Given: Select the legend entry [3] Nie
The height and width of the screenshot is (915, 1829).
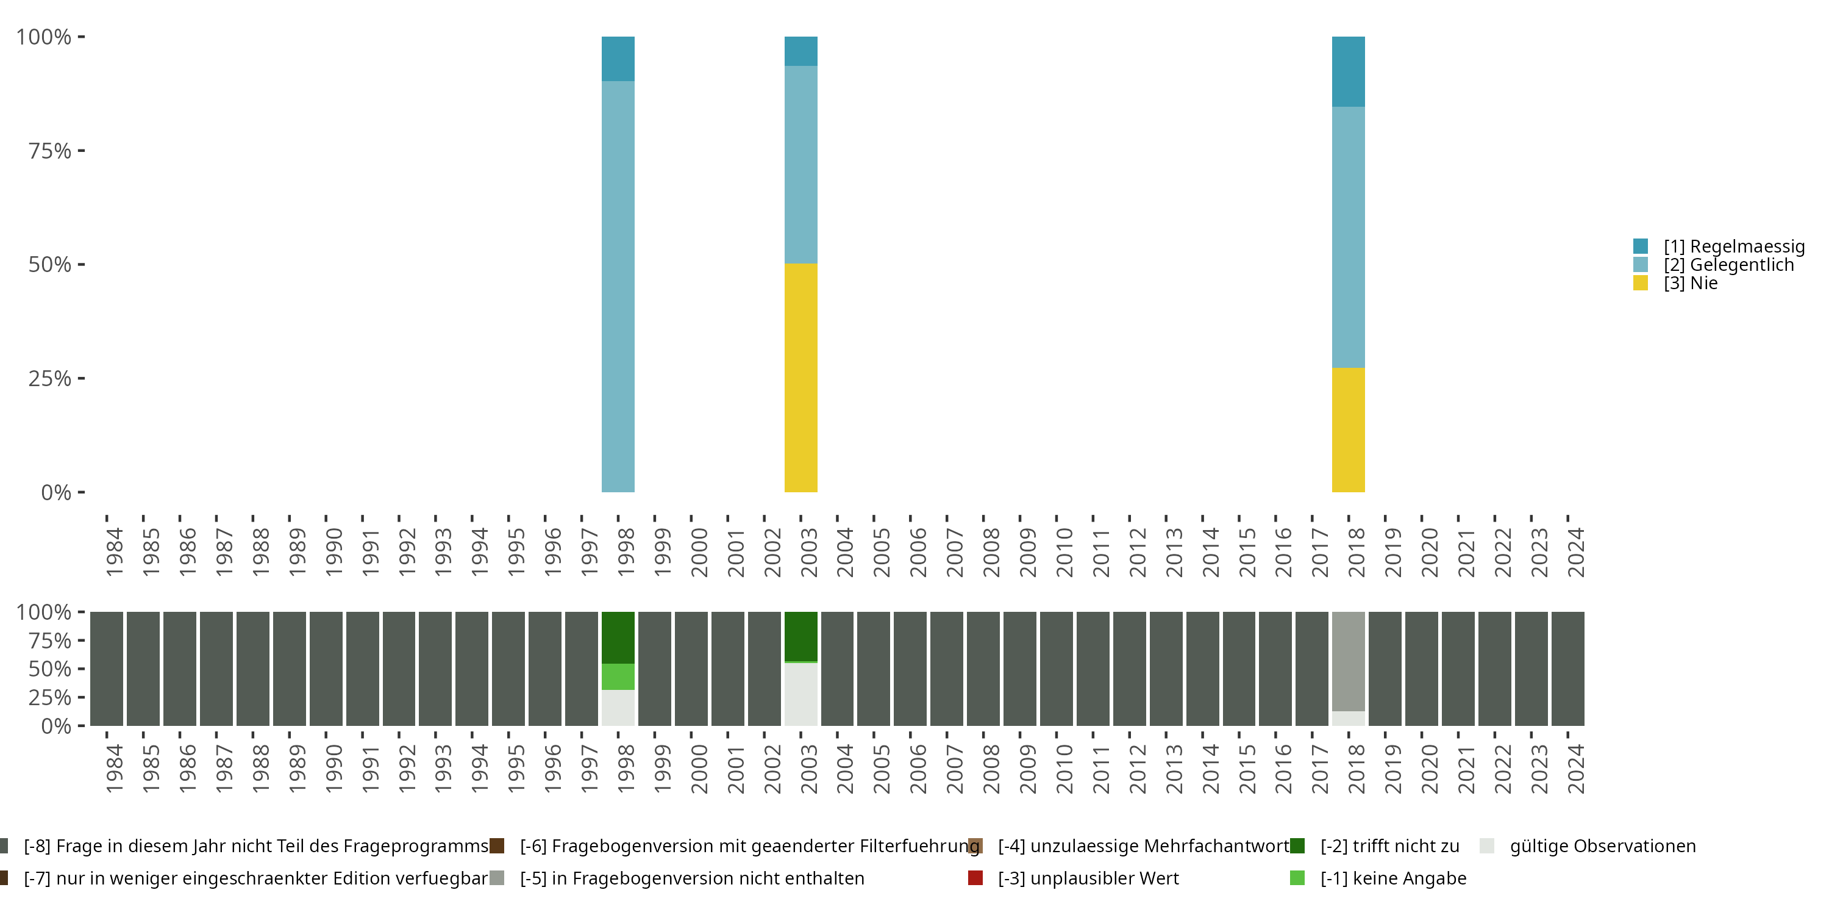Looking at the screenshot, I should pos(1690,283).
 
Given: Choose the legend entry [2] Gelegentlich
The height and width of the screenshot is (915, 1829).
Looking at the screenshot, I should pos(1728,265).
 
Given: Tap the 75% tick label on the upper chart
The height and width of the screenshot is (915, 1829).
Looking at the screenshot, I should pos(50,151).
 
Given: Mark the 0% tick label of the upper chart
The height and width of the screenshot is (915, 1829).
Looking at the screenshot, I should pos(55,492).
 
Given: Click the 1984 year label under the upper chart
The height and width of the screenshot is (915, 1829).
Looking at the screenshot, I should pos(113,552).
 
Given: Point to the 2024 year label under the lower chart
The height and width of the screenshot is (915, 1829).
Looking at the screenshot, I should pos(1575,769).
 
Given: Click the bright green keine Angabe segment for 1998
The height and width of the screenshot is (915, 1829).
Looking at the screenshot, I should pos(618,676).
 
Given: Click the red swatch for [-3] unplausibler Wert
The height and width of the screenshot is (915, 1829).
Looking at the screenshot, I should pos(975,878).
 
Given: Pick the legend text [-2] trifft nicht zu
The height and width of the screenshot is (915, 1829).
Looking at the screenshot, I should pos(1389,846).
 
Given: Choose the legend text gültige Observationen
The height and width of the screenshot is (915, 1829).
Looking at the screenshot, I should pos(1602,846).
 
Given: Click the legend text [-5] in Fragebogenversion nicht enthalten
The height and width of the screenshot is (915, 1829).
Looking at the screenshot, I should pos(691,878).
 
